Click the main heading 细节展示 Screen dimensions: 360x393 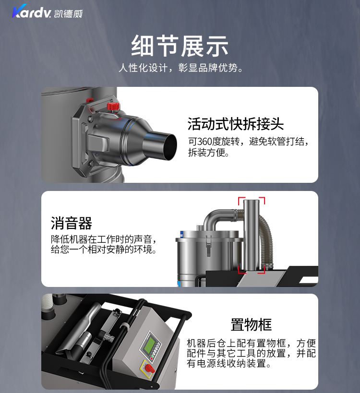(180, 46)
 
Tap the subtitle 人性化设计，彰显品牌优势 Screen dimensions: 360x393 (181, 68)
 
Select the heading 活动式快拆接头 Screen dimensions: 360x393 (235, 124)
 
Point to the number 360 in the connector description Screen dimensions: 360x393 (204, 142)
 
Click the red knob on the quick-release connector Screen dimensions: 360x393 (113, 106)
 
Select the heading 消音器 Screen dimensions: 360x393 (72, 223)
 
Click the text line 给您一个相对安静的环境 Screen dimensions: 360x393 (104, 250)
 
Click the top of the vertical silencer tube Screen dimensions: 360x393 (251, 201)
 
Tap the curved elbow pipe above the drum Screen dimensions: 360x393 (218, 217)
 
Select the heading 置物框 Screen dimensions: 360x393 (251, 325)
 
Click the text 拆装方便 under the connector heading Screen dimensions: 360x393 (209, 152)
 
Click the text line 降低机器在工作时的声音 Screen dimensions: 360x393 (104, 239)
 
